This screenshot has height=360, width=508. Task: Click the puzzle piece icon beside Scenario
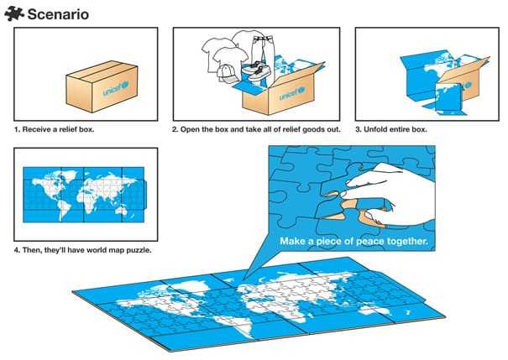(14, 14)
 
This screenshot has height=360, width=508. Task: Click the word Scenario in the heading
(58, 14)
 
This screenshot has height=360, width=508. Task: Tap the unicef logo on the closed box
(116, 88)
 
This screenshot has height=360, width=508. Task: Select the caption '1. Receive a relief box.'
(54, 129)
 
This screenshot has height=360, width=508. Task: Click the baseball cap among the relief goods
(227, 73)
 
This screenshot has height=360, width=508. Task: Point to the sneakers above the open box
(256, 69)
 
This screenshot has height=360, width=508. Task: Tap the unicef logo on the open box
(292, 93)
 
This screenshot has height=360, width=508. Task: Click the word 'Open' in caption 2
(191, 129)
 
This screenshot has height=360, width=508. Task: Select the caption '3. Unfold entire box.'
(391, 129)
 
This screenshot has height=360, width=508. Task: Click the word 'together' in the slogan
(406, 241)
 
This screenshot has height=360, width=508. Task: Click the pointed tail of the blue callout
(244, 279)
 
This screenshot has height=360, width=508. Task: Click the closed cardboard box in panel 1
(102, 86)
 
